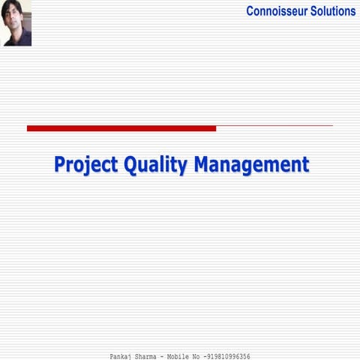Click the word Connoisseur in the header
[x=275, y=11]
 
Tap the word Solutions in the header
[x=331, y=11]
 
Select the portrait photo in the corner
[x=17, y=23]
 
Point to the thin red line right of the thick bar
[x=274, y=125]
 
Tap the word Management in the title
[x=250, y=164]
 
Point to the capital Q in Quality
[x=128, y=164]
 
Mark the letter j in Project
[x=85, y=166]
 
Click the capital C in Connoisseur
[x=251, y=11]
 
